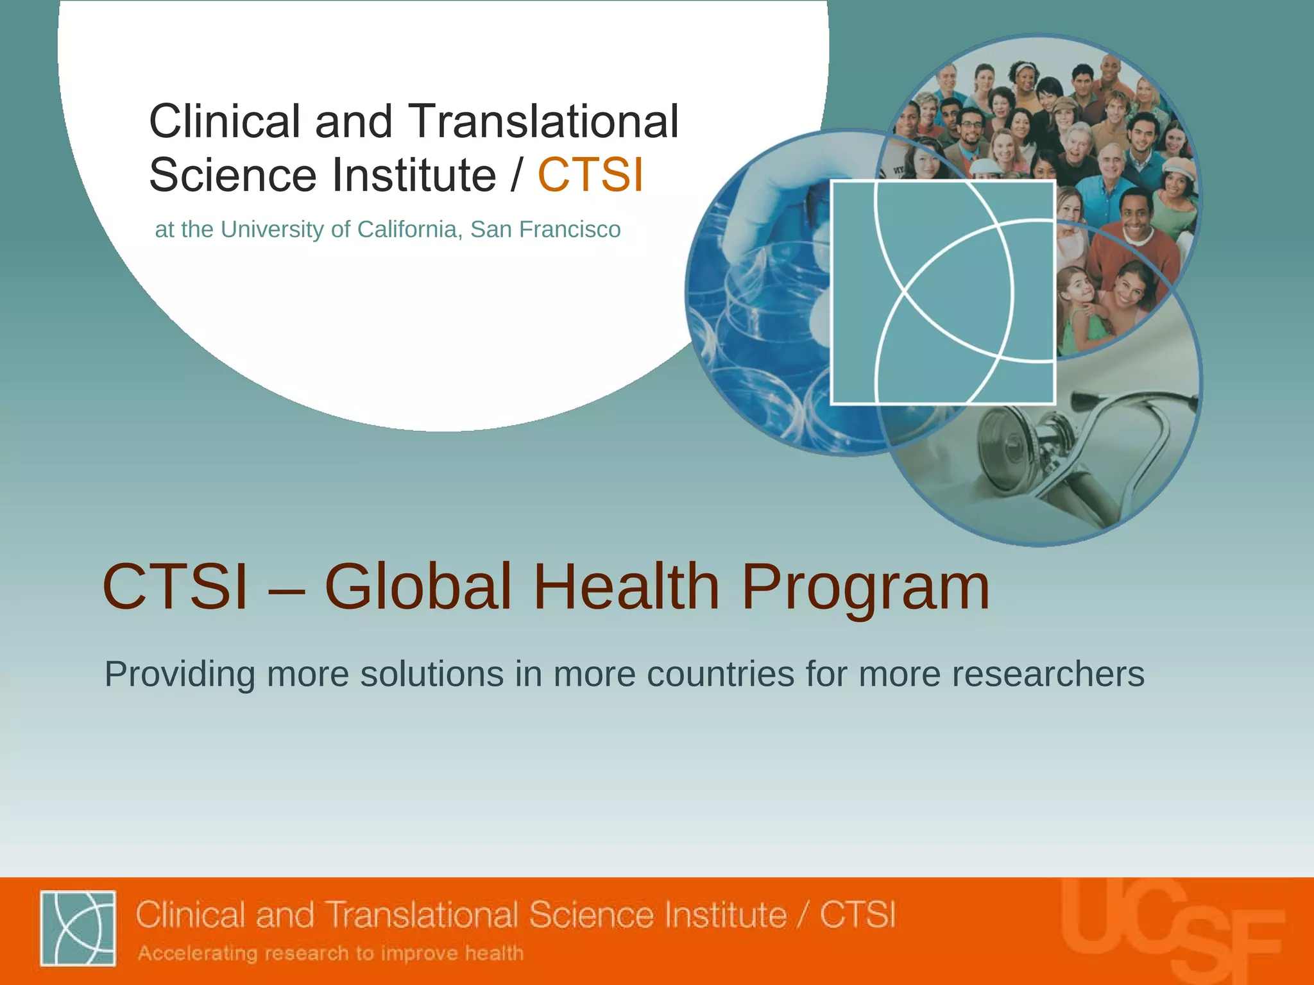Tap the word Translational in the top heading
[543, 121]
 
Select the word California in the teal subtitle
[407, 230]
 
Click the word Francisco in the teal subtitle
[570, 230]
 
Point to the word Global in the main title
[418, 587]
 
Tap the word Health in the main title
[627, 587]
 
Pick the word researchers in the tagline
[1048, 674]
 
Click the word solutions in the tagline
[432, 674]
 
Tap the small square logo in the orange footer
[78, 928]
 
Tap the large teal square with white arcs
[943, 292]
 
